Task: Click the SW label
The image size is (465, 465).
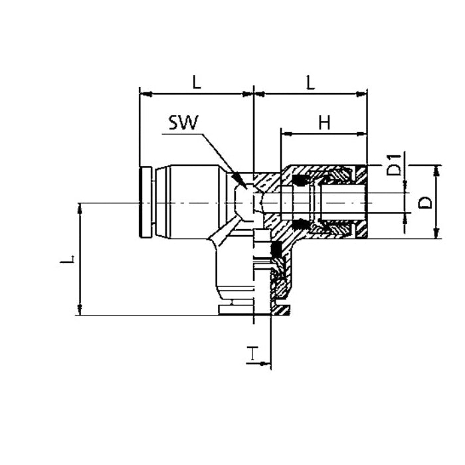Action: point(183,122)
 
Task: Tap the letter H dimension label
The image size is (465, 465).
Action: point(324,122)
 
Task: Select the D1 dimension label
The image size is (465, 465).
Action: point(394,165)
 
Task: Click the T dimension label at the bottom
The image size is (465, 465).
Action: point(252,353)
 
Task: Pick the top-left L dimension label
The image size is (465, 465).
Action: point(197,82)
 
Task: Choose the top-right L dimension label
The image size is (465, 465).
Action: point(310,82)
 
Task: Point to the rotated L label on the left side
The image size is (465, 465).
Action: point(67,260)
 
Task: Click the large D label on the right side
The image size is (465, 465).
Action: point(425,203)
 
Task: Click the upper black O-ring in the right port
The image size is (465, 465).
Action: point(300,181)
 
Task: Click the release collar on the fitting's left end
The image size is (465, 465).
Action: point(145,202)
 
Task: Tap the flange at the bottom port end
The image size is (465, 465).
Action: point(254,310)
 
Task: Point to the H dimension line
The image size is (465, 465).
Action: point(324,134)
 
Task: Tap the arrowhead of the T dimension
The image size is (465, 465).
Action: point(265,363)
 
